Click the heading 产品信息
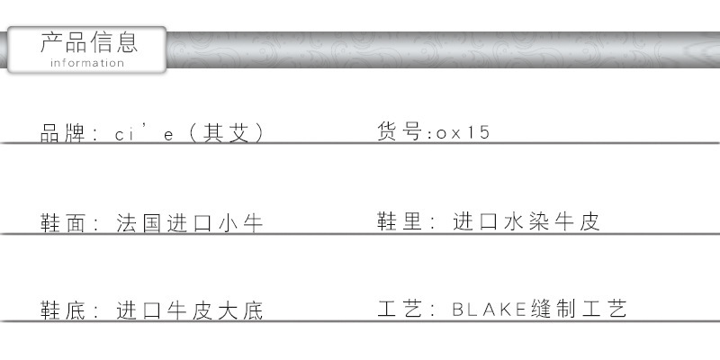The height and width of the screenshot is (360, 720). (x=89, y=42)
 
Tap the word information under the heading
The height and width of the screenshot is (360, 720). (x=87, y=63)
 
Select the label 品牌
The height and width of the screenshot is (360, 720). (x=63, y=133)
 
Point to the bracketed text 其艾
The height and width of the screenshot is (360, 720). (x=227, y=133)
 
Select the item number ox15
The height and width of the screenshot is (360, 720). (x=463, y=132)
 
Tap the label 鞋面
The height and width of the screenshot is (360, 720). (x=63, y=223)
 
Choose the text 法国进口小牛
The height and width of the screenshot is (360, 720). (x=189, y=223)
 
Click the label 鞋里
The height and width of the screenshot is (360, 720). (x=400, y=220)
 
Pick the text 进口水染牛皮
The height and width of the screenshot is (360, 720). (x=526, y=220)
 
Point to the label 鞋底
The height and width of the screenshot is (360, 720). (x=63, y=310)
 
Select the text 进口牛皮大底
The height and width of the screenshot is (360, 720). (x=189, y=310)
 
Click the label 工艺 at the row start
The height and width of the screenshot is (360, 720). (x=400, y=309)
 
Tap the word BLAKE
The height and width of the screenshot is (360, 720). (x=490, y=310)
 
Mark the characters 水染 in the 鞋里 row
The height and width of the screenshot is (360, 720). (x=526, y=220)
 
